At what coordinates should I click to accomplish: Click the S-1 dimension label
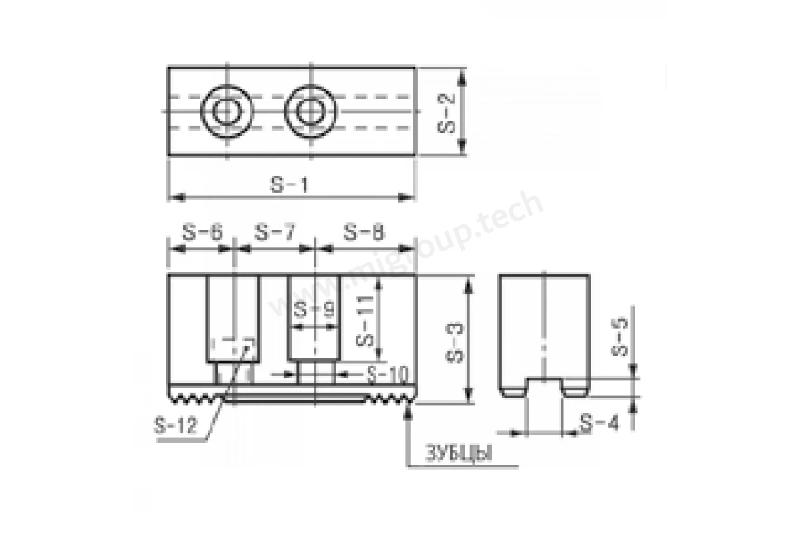point(289,185)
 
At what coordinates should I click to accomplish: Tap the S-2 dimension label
point(447,113)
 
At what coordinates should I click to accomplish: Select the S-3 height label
point(455,342)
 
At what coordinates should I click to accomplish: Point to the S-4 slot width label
point(599,423)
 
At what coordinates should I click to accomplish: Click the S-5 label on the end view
point(619,336)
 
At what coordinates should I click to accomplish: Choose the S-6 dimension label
point(203,232)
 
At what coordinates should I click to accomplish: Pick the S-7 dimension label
point(275,232)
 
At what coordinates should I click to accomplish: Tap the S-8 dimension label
point(364,232)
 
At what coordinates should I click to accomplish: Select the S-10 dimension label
point(388,375)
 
